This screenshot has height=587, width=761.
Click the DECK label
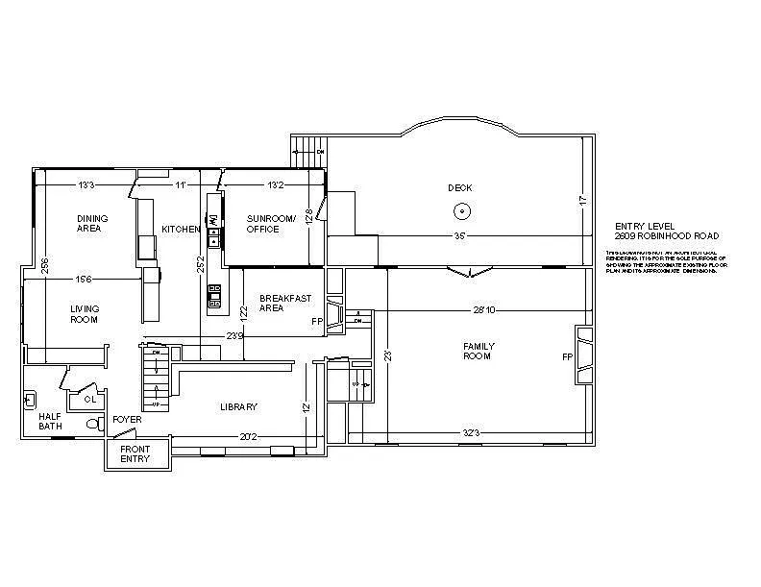pos(460,187)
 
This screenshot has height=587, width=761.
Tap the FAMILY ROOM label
pos(478,351)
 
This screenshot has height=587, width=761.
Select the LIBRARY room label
pos(238,407)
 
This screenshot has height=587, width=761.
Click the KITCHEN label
pos(181,229)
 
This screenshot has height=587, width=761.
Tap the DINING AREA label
pos(92,224)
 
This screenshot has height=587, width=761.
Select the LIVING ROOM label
pos(85,314)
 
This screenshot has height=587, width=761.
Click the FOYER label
pos(127,420)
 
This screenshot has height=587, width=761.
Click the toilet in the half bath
pos(93,423)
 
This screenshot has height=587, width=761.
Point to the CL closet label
pos(88,398)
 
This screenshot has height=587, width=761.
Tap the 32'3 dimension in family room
pos(471,434)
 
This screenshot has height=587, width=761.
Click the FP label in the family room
pos(567,356)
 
